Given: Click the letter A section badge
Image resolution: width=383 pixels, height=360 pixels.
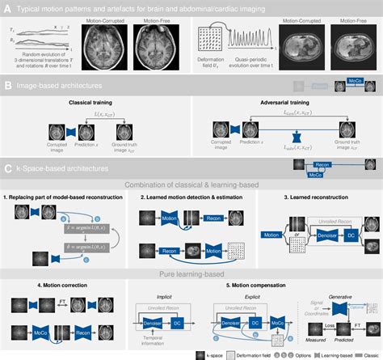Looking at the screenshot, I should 8,6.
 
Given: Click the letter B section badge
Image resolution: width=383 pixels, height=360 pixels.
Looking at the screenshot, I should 8,83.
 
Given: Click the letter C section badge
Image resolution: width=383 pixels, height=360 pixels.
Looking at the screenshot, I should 8,169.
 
